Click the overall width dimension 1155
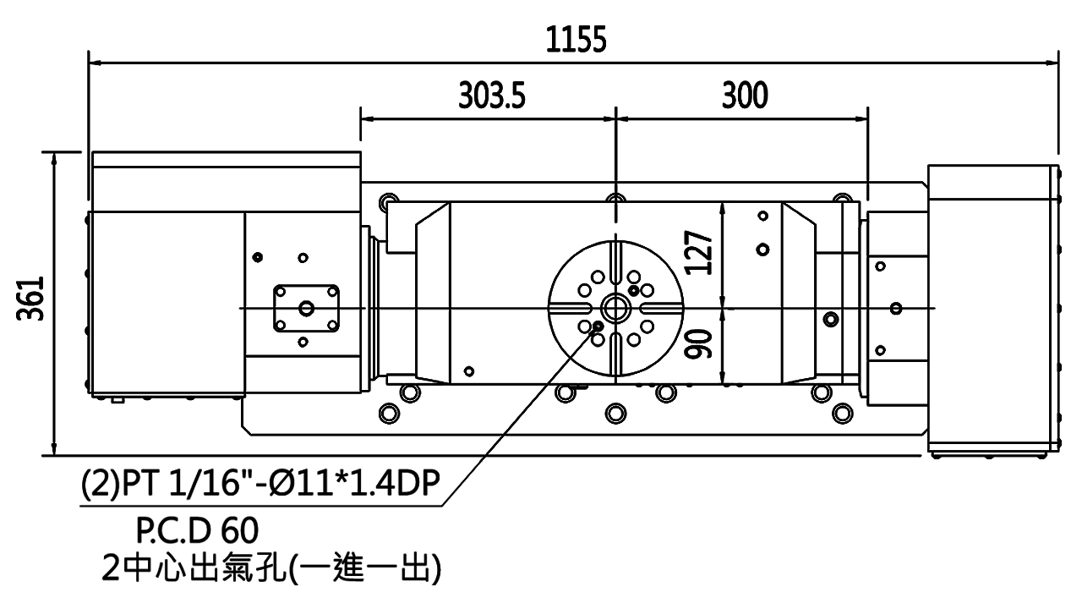tap(575, 41)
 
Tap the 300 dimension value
tap(745, 96)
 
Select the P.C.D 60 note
tap(195, 531)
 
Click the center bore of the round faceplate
tap(615, 307)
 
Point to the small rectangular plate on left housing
tap(306, 309)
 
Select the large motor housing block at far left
tap(166, 302)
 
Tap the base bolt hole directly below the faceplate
tap(615, 412)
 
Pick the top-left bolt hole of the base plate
tap(389, 201)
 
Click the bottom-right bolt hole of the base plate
tap(841, 412)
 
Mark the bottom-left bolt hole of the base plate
tap(389, 412)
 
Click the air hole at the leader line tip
tap(598, 326)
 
